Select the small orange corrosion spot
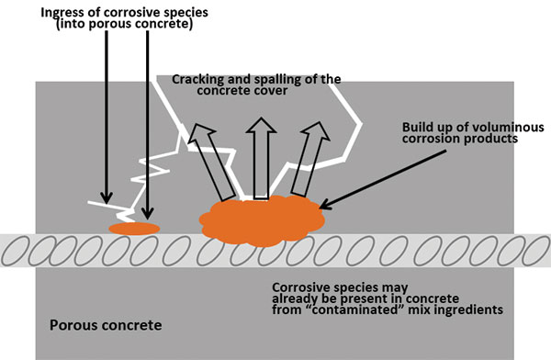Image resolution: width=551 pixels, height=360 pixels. click(134, 228)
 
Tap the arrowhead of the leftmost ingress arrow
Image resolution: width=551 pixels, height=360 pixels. click(107, 198)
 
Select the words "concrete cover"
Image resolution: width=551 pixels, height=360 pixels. click(251, 92)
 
